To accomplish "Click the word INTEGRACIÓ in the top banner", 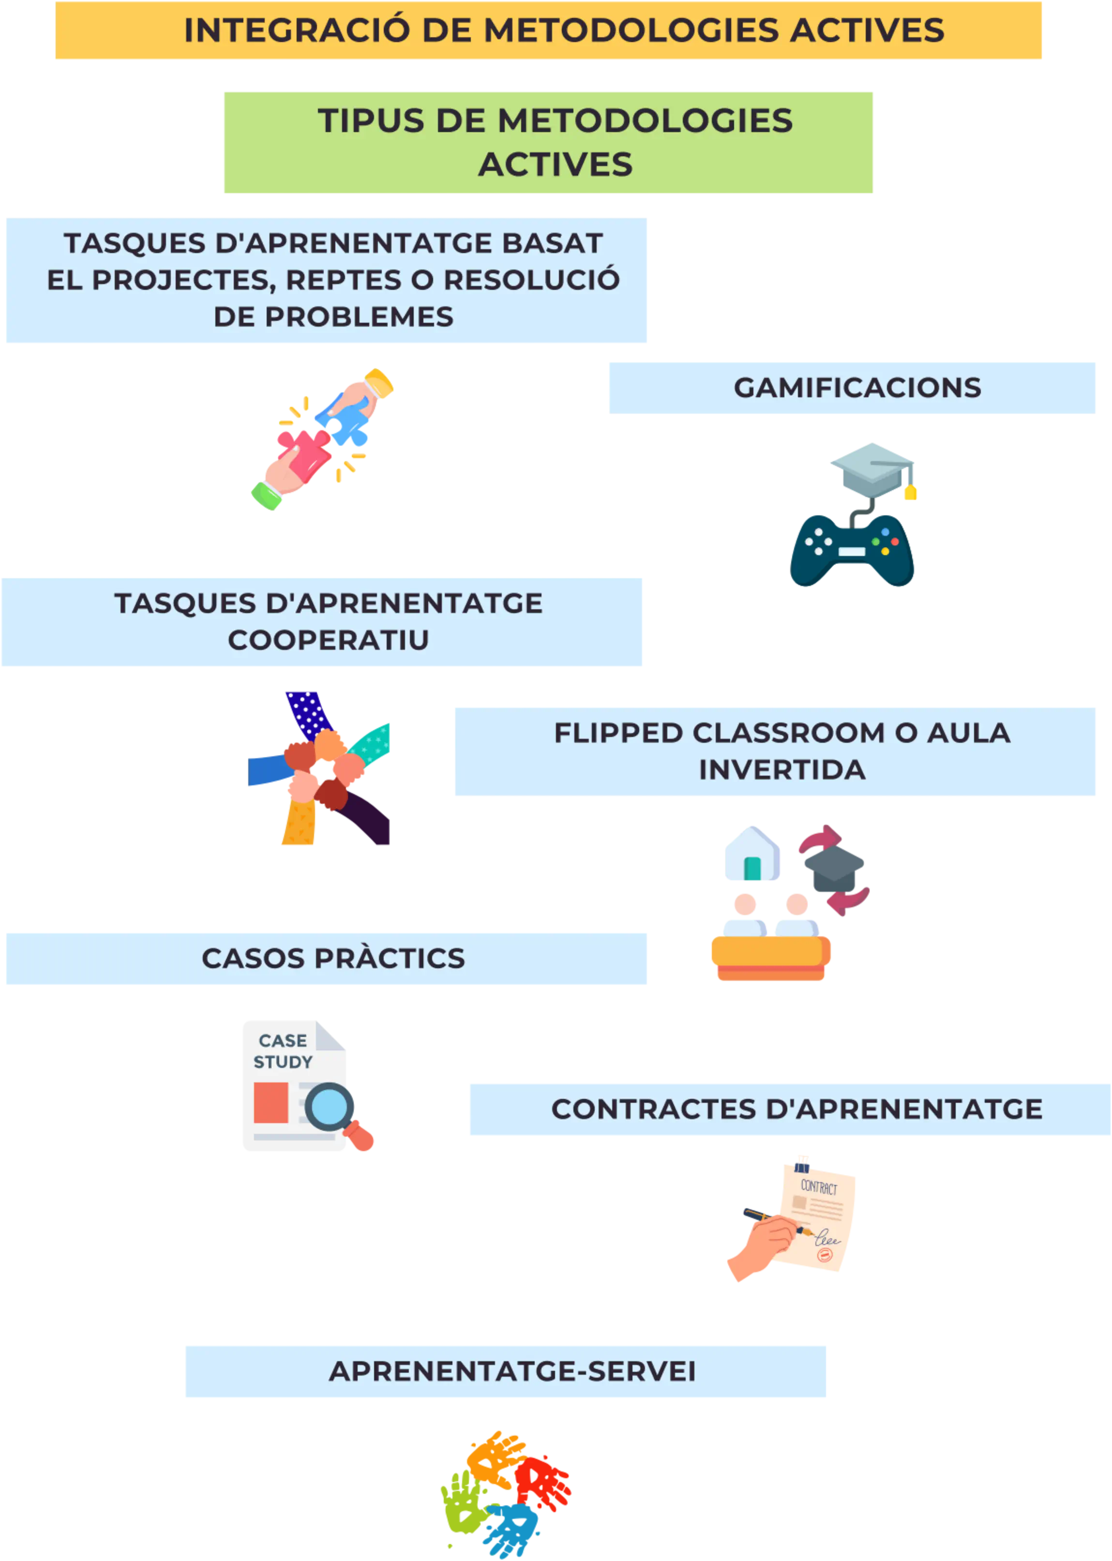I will click(x=297, y=31).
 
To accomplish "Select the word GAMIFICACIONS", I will click(x=857, y=388).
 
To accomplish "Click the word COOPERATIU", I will click(x=328, y=640).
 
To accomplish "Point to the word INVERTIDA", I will click(x=782, y=769).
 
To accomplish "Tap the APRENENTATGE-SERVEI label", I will click(x=511, y=1371).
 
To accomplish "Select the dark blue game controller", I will click(x=853, y=550).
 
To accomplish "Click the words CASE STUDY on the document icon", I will click(x=283, y=1051).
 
